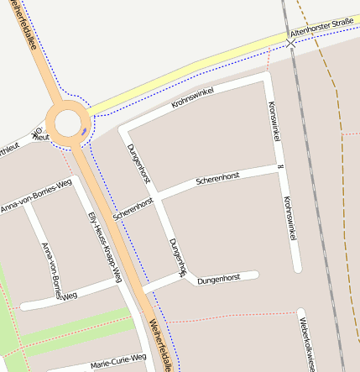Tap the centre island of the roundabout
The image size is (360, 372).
(x=68, y=123)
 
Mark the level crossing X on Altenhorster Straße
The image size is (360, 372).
(x=290, y=41)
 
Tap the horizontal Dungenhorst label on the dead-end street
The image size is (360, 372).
(x=219, y=279)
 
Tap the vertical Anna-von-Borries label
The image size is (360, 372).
(x=51, y=269)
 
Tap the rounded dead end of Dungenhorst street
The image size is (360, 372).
(x=254, y=275)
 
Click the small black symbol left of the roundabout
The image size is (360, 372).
(x=36, y=134)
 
